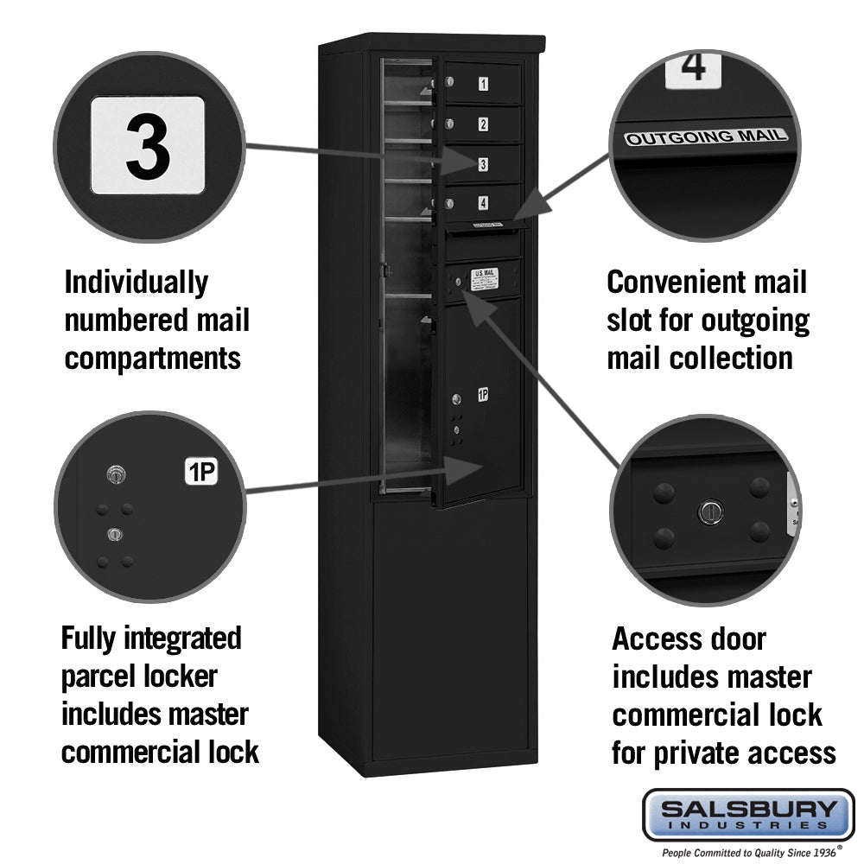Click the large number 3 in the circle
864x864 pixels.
tap(148, 144)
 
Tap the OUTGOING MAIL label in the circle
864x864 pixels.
tap(706, 137)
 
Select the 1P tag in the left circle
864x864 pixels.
tap(200, 472)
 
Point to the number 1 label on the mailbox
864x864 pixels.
tap(483, 84)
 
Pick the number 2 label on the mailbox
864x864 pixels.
tap(483, 124)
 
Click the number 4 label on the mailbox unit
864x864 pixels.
tap(483, 203)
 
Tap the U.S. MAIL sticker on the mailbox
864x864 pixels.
tap(485, 277)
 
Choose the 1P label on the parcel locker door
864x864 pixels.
tap(483, 395)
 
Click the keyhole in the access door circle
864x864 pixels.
tap(709, 511)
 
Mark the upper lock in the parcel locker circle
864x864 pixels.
tap(116, 473)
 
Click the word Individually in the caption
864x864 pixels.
tap(137, 283)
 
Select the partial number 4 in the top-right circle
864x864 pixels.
tap(693, 67)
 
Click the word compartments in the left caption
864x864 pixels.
tap(152, 358)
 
